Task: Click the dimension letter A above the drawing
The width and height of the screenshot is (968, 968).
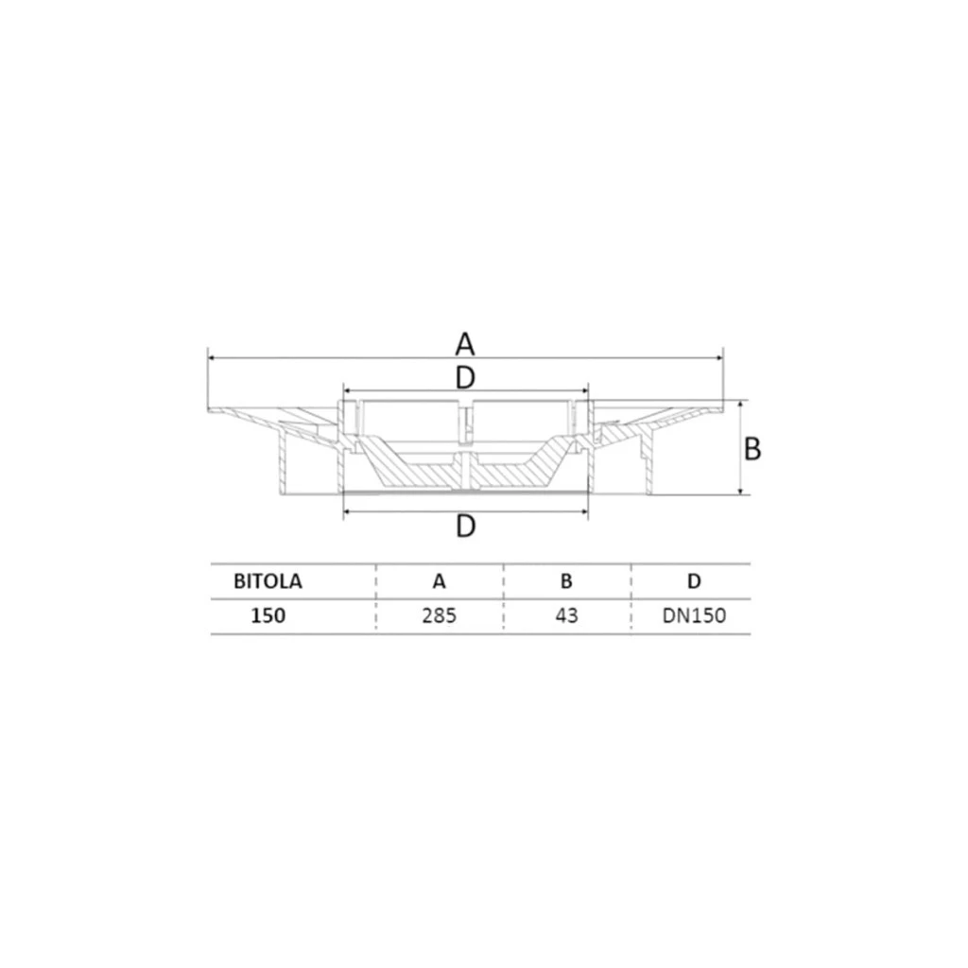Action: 465,344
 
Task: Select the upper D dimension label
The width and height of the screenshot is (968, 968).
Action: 465,377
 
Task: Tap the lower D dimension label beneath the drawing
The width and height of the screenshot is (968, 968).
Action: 465,527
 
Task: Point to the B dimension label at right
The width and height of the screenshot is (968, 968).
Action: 752,449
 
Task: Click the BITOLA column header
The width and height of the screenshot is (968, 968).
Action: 268,581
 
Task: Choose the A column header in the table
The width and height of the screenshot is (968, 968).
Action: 439,581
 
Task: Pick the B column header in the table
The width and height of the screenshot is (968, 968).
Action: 566,581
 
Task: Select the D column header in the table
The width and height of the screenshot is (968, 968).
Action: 694,581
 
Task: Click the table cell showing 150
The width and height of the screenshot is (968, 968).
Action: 268,615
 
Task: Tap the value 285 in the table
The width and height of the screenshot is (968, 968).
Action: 439,615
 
